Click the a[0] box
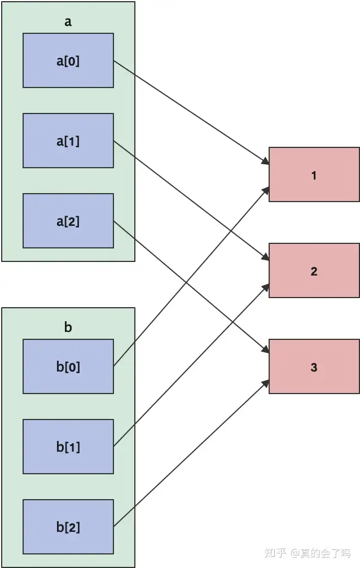tap(68, 60)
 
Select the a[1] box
tap(68, 141)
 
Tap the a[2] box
tap(68, 221)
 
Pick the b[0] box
tap(68, 366)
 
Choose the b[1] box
tap(68, 447)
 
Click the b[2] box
tap(68, 527)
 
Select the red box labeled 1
tap(314, 174)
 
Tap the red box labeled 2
tap(314, 270)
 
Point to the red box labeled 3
tap(314, 366)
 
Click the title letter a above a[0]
tap(68, 22)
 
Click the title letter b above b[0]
tap(68, 327)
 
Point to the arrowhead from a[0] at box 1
tap(265, 161)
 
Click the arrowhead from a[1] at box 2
tap(266, 257)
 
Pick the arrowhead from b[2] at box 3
tap(266, 383)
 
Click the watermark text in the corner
tap(308, 553)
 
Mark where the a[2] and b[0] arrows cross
tap(187, 282)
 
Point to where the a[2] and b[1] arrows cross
tap(233, 321)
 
